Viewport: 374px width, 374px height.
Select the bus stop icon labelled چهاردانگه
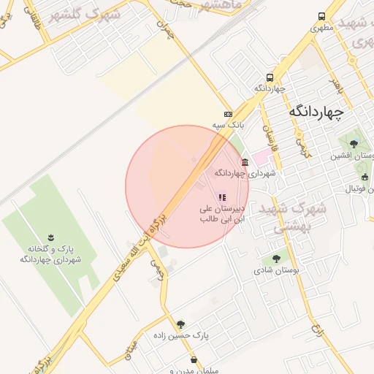[270, 77]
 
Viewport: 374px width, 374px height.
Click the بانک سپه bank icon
[229, 114]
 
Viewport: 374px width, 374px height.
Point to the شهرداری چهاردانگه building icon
[244, 162]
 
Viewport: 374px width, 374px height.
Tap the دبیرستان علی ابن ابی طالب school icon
[221, 196]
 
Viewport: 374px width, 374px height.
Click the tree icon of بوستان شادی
[276, 258]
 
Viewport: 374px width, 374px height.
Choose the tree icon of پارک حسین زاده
[180, 324]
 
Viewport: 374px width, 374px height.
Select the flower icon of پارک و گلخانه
[50, 237]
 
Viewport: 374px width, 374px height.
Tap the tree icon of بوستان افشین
[354, 143]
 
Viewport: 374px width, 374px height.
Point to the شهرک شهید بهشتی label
[296, 218]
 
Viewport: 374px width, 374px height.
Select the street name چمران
[171, 31]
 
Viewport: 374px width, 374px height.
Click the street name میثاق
[131, 354]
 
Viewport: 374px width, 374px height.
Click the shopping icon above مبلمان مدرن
[194, 360]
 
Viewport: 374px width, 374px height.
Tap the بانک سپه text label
[227, 126]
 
